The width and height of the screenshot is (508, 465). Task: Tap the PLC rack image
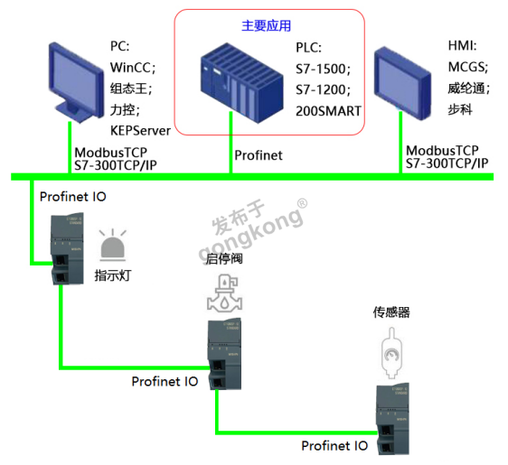click(x=234, y=87)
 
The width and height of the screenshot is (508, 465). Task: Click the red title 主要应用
click(x=266, y=24)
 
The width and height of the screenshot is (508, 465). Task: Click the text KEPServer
click(x=140, y=132)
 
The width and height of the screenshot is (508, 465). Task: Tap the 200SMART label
click(x=328, y=111)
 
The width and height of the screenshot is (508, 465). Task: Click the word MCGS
click(x=467, y=67)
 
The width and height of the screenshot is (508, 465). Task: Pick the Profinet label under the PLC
click(x=259, y=155)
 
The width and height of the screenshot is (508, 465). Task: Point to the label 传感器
click(x=391, y=312)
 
